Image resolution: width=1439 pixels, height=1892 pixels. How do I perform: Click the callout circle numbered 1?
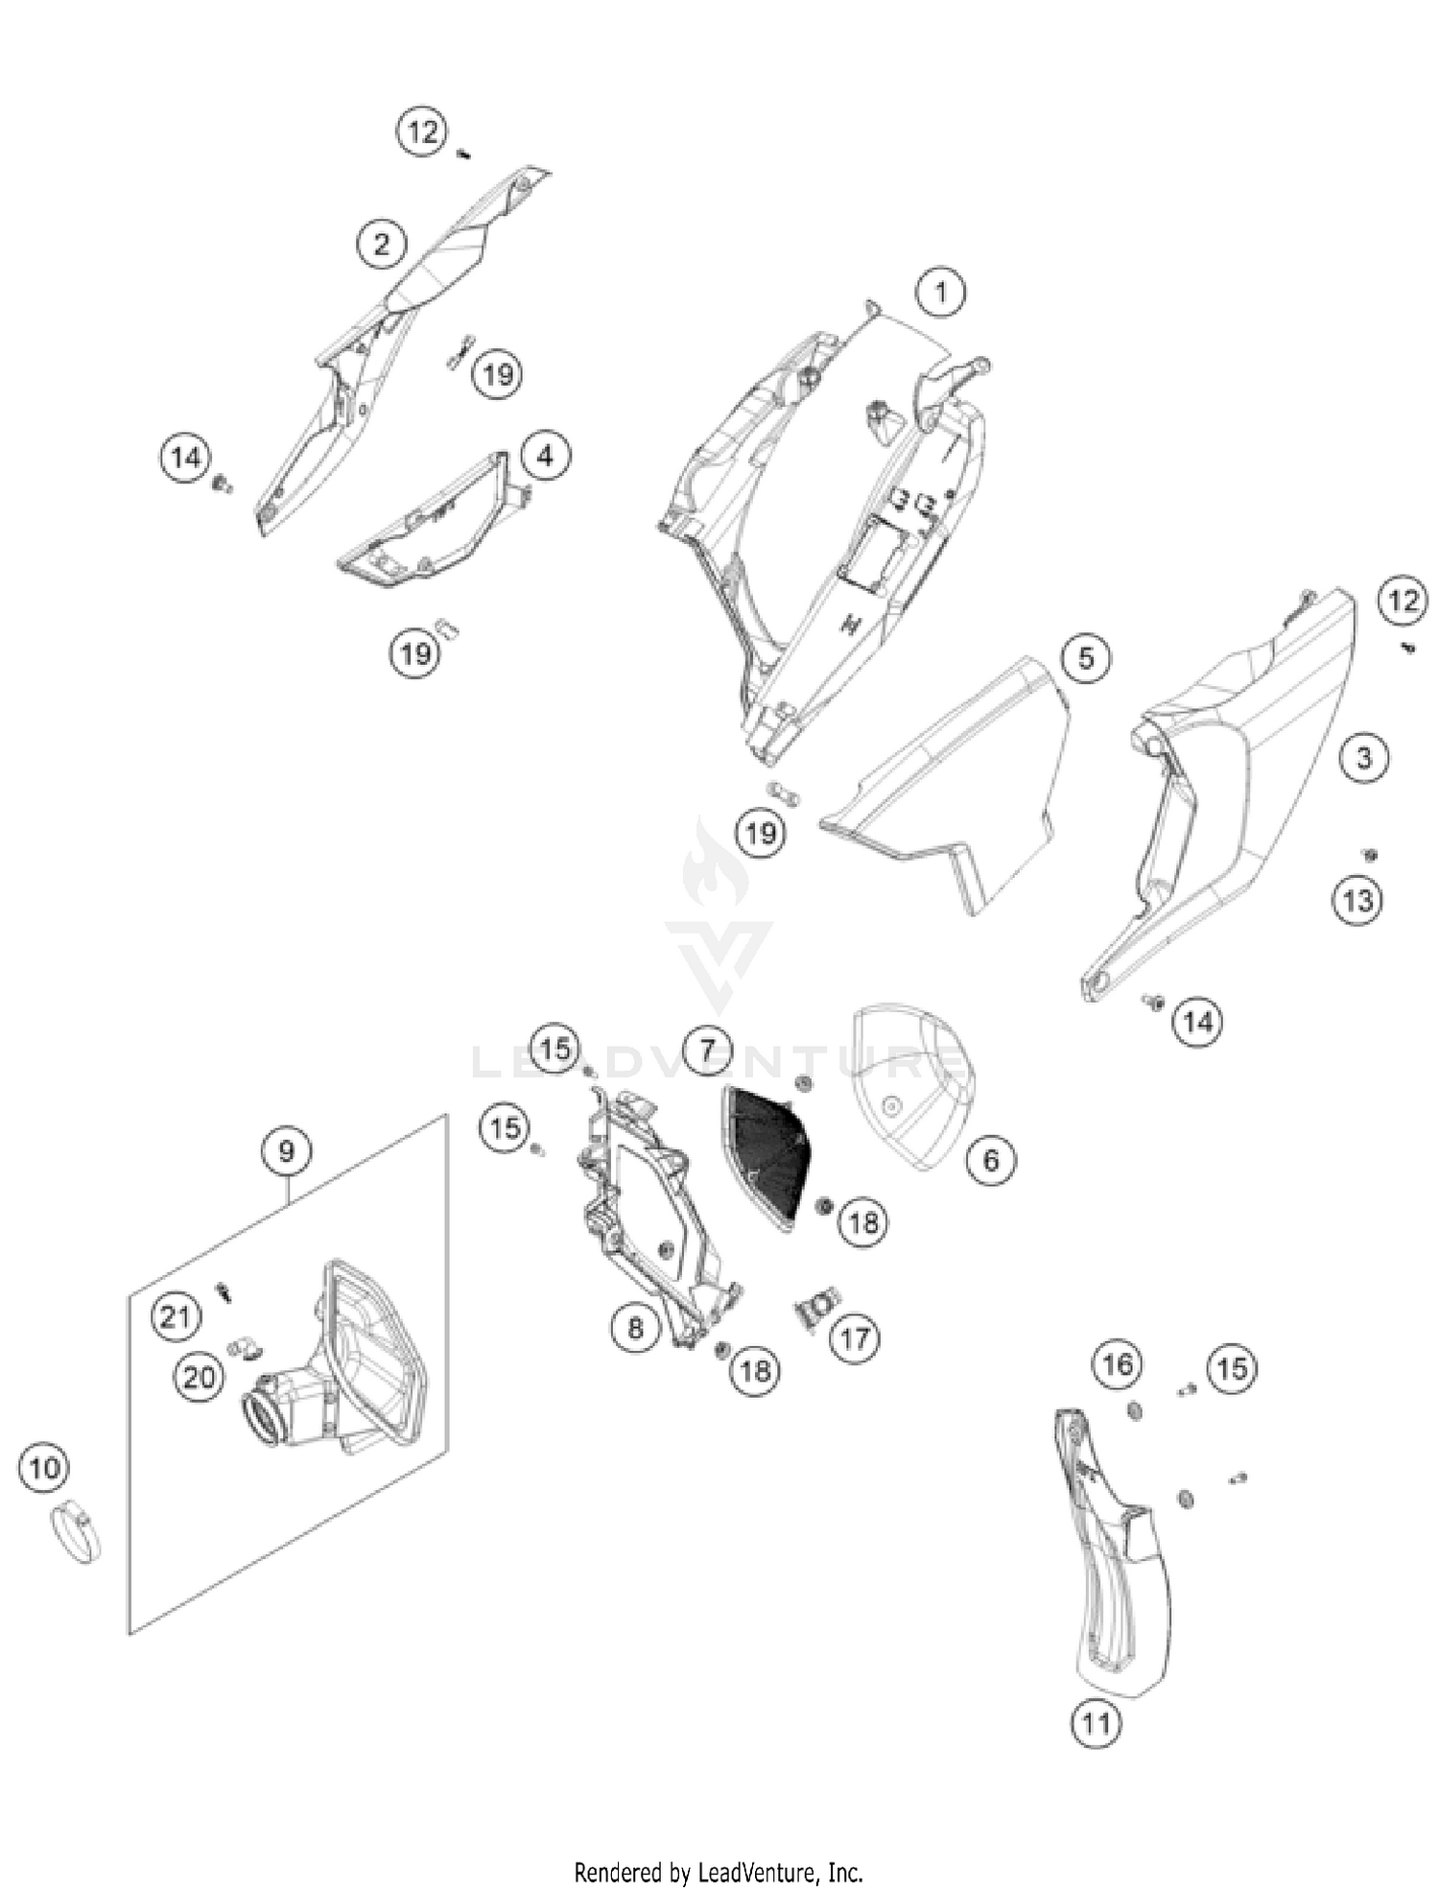click(940, 293)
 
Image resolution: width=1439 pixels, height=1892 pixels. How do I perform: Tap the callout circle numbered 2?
click(382, 244)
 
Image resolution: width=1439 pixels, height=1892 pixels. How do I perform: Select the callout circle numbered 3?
click(1363, 758)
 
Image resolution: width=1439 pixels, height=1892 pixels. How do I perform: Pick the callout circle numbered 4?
click(545, 456)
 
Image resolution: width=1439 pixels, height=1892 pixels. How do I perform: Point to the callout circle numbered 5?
click(1085, 658)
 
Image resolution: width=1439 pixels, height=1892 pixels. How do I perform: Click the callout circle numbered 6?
click(990, 1160)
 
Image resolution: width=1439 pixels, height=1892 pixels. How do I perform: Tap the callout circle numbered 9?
click(286, 1149)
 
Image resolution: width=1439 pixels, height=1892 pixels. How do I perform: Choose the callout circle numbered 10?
click(44, 1468)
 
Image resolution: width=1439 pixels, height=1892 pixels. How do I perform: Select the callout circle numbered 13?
click(1357, 901)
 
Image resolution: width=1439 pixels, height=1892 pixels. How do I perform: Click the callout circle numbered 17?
click(854, 1337)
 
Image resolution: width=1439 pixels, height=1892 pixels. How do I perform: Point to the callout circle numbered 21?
click(176, 1316)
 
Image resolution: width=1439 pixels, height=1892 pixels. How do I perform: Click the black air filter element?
click(766, 1151)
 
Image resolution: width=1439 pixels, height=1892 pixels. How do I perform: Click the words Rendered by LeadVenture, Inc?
click(719, 1872)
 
